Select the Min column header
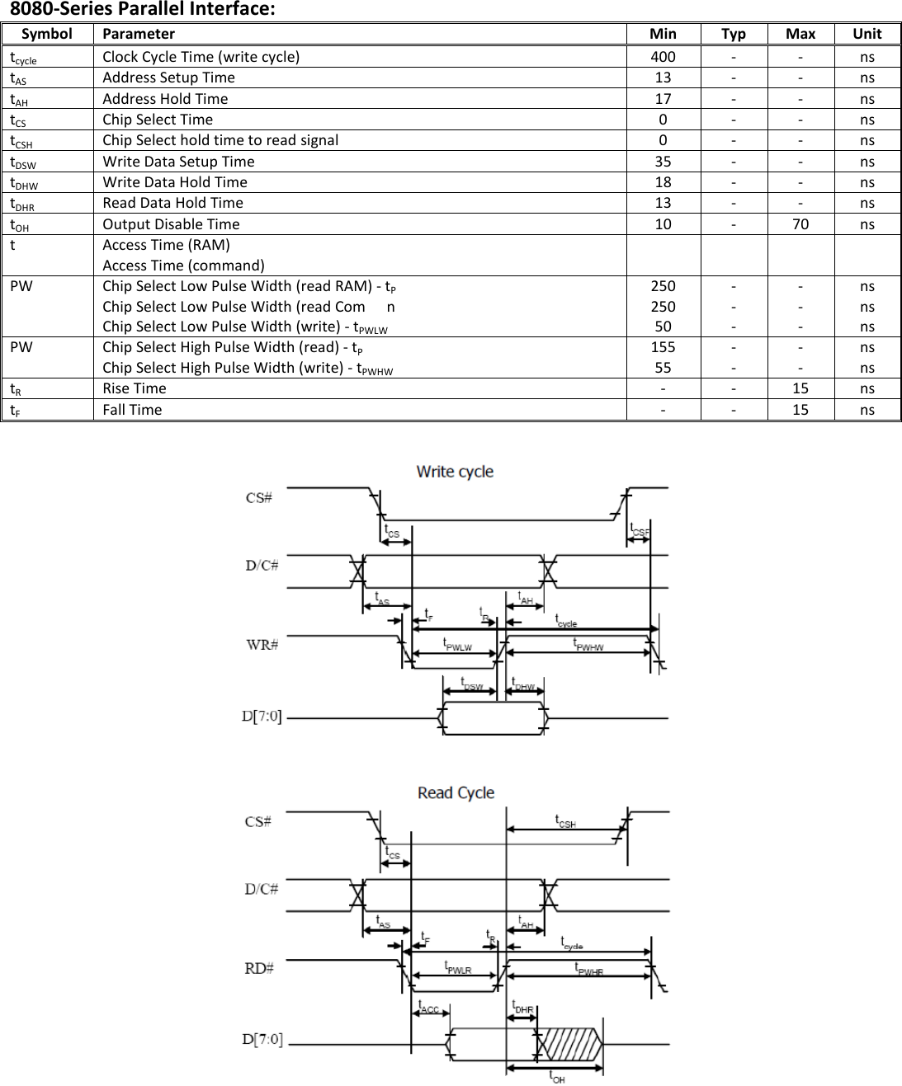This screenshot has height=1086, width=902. [663, 34]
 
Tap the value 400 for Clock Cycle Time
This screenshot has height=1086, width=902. [663, 57]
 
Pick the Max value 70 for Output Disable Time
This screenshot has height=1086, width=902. [800, 224]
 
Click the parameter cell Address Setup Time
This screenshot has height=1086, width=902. [168, 78]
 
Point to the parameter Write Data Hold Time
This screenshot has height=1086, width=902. [175, 182]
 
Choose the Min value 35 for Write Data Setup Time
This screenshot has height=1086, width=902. [663, 162]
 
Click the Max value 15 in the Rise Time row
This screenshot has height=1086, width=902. [800, 388]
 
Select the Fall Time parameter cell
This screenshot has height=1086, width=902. [132, 410]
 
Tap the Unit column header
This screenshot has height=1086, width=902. [867, 34]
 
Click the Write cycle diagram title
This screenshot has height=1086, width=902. [455, 472]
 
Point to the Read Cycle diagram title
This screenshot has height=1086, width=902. [456, 793]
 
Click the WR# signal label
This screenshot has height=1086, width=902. [262, 644]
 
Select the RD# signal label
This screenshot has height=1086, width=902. [259, 968]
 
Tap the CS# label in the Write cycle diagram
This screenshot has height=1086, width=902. [259, 498]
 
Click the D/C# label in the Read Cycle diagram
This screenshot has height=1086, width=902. [262, 889]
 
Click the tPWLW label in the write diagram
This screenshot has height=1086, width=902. [457, 645]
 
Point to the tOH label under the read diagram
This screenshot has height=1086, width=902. [557, 1077]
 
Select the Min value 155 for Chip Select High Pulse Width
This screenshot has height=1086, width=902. [663, 347]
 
